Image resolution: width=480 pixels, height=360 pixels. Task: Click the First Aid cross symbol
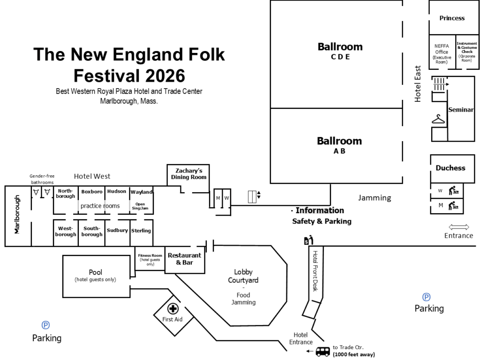click(173, 309)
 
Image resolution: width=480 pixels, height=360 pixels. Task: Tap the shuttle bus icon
click(322, 351)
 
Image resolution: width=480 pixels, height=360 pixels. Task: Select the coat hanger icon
click(438, 120)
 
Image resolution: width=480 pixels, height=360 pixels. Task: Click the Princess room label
click(452, 18)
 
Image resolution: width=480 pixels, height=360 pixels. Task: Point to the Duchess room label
click(450, 168)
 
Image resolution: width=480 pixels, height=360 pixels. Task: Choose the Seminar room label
click(461, 110)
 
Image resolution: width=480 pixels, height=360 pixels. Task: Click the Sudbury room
click(117, 230)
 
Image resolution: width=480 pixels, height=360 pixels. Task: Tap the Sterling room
click(141, 230)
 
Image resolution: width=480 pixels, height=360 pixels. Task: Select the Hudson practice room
click(117, 191)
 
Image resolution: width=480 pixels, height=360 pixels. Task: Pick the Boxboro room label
click(92, 192)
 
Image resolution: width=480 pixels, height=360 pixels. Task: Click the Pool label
click(96, 272)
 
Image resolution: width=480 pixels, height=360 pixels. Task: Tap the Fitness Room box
click(150, 260)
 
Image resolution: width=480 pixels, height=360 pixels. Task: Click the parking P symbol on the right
click(427, 297)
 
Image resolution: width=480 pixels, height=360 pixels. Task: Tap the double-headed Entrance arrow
click(458, 227)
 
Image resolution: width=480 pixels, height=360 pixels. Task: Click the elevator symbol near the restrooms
click(252, 197)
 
